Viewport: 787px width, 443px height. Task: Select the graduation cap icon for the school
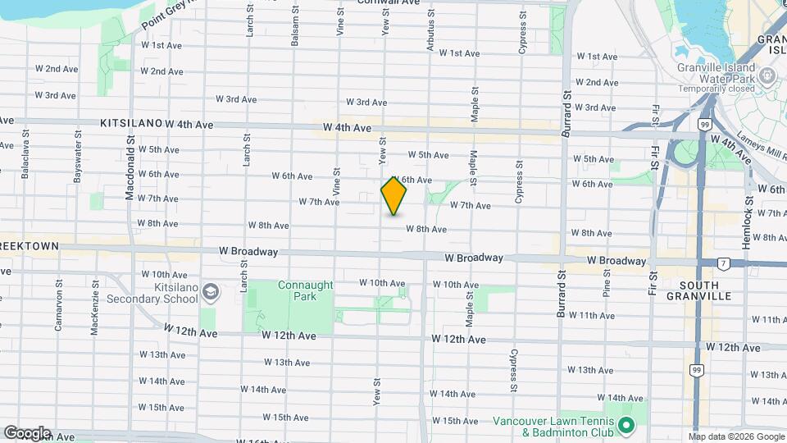(x=211, y=293)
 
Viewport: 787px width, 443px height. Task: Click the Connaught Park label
(x=293, y=290)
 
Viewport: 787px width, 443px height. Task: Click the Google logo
(x=26, y=433)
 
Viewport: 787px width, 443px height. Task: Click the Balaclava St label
(x=26, y=152)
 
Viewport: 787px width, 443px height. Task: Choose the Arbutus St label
(x=430, y=33)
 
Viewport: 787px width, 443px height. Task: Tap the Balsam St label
(x=294, y=30)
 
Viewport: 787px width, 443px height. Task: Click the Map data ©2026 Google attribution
(x=735, y=436)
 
